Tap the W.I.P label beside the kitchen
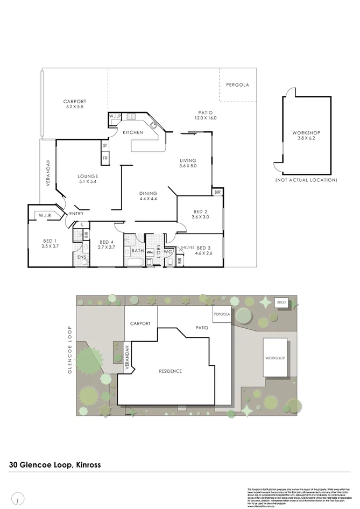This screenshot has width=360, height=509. (x=115, y=116)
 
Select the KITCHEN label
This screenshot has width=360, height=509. (x=132, y=132)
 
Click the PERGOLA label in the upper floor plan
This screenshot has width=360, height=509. (x=237, y=85)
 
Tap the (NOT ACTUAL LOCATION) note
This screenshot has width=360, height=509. (x=306, y=180)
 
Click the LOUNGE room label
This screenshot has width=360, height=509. (x=87, y=178)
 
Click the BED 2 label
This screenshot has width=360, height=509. (x=200, y=214)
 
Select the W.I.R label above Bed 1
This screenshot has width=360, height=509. (x=44, y=216)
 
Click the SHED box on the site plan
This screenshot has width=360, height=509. (x=281, y=302)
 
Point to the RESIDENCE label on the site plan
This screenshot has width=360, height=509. (x=170, y=371)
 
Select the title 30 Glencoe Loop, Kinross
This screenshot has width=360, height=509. (x=55, y=464)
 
